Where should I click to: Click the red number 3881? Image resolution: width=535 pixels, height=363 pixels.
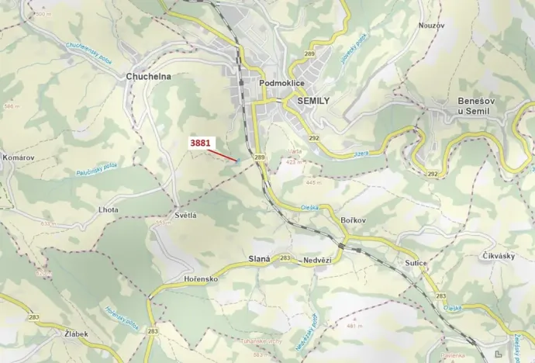tap(200, 143)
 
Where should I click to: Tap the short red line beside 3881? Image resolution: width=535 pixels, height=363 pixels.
tap(223, 154)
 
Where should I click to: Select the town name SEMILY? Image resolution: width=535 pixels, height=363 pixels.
tap(308, 101)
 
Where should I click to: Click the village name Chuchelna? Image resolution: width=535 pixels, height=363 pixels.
tap(147, 77)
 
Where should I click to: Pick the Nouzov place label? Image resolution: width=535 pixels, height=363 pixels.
tap(431, 26)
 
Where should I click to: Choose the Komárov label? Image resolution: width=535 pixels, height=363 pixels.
tap(19, 157)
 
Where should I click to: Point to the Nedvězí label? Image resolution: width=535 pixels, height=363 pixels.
tap(317, 259)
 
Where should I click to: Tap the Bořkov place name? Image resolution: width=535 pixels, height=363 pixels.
tap(353, 221)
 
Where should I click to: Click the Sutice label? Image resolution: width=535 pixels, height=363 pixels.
tap(416, 264)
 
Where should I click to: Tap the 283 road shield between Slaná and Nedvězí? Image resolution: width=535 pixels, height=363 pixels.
tap(285, 258)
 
